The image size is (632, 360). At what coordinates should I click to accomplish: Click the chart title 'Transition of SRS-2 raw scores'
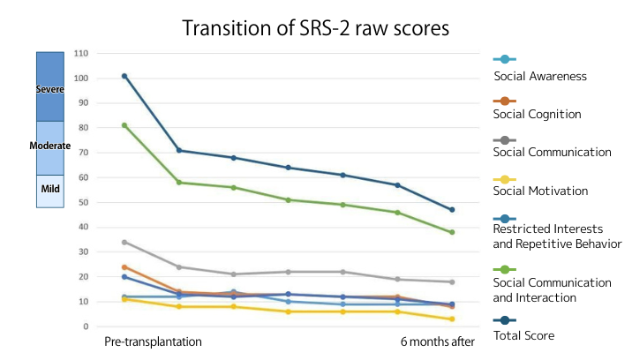pos(316,28)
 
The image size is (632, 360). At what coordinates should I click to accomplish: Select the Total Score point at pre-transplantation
pos(124,76)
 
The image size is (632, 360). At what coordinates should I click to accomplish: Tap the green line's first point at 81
pos(124,125)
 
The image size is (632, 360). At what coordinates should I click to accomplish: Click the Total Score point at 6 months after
pos(453,210)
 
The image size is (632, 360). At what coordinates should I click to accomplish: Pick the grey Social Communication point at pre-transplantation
pos(124,242)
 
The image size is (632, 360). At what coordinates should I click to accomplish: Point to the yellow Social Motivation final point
pos(453,319)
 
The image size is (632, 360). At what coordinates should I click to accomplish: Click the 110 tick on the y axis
pos(83,53)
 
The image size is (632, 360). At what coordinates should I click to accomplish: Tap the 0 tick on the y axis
pos(87,326)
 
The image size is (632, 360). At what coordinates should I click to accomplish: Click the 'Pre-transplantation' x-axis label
pos(153,341)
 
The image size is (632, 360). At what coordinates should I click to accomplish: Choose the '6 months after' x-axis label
pos(439,341)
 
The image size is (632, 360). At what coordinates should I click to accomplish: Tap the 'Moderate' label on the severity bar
pos(49,146)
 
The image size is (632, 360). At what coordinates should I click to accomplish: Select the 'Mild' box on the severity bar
pos(49,190)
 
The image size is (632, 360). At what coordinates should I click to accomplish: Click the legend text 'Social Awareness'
pos(540,76)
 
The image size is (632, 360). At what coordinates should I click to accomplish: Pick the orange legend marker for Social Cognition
pos(503,100)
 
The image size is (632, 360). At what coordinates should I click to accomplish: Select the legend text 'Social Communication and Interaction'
pos(552,289)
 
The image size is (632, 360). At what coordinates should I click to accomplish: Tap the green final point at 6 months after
pos(453,232)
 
